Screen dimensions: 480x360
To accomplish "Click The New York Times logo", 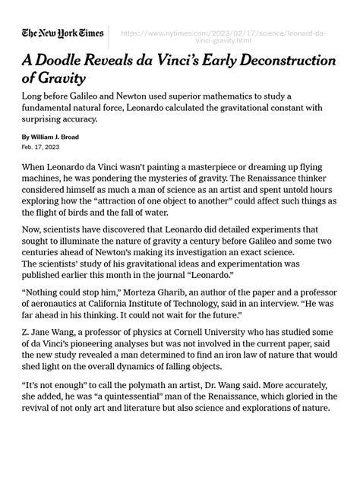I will pos(62,34).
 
